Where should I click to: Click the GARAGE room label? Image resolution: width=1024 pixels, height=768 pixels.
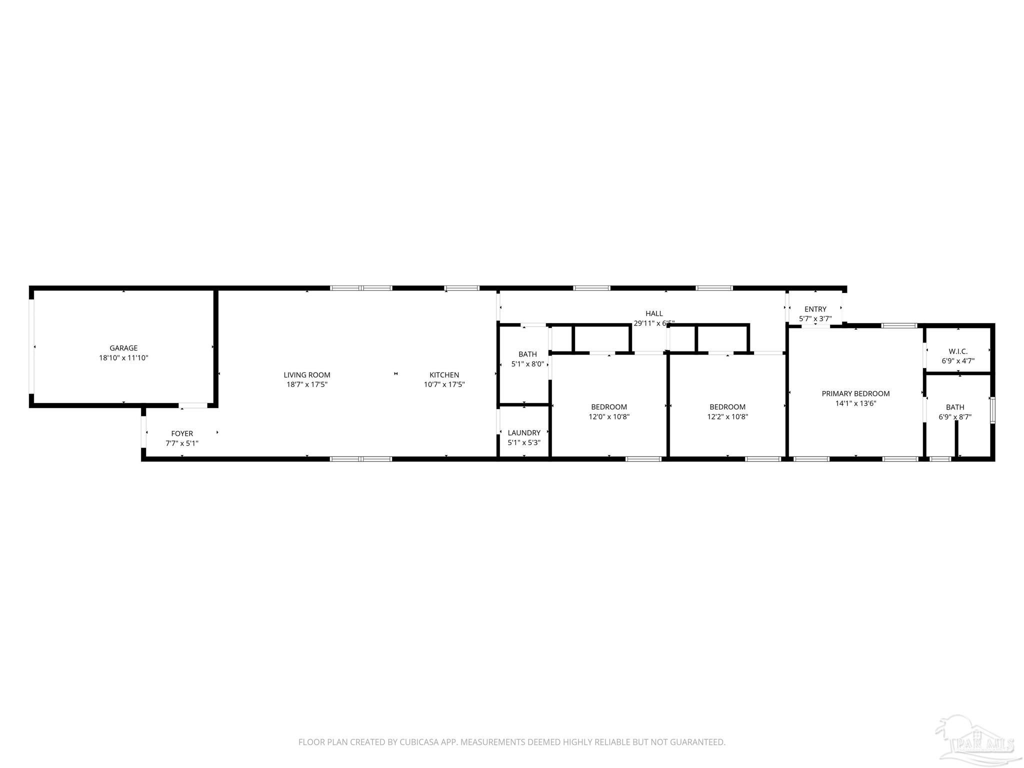[x=123, y=348]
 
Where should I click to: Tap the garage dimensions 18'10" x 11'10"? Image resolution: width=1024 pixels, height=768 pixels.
[x=123, y=358]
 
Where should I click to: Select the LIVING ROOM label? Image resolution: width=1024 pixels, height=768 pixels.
[x=307, y=375]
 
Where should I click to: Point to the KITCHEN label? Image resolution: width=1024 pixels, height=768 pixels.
[x=444, y=375]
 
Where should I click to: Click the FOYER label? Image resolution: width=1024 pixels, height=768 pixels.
[x=182, y=433]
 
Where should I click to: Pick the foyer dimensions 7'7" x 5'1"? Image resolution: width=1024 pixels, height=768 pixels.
[x=182, y=443]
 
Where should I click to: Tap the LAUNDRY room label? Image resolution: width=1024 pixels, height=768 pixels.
[x=524, y=433]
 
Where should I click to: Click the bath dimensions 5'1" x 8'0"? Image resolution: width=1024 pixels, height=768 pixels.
[x=527, y=364]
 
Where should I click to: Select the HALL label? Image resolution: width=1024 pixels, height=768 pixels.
[x=654, y=313]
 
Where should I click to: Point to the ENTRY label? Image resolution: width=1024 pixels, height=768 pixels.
[x=815, y=309]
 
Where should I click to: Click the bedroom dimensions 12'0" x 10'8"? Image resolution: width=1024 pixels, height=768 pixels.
[x=609, y=417]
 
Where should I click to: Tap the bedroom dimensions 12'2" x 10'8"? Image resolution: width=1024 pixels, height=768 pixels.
[x=727, y=417]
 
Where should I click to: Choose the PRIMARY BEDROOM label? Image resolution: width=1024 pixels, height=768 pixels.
[x=855, y=394]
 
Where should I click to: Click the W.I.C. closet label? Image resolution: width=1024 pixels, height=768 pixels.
[x=958, y=351]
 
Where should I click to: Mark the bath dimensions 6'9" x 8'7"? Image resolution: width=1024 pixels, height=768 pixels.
[x=955, y=417]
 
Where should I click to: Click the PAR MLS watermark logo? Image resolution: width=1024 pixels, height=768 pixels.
[x=975, y=742]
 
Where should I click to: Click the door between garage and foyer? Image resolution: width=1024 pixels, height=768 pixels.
[x=193, y=405]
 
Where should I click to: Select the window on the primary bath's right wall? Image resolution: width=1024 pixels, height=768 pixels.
[x=992, y=410]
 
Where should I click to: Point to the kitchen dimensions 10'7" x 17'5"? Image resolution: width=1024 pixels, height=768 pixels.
[x=444, y=385]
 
